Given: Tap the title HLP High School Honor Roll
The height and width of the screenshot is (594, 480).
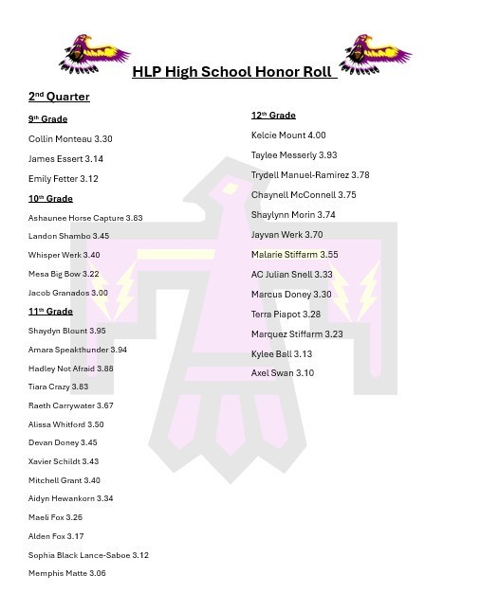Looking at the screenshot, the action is [233, 72].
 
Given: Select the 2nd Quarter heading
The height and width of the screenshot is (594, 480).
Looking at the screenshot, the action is [59, 97].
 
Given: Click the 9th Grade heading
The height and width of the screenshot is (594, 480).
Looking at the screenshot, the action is [47, 119].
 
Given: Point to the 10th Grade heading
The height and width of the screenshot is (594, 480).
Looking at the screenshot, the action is [50, 199].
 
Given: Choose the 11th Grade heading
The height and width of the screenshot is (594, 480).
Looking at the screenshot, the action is [50, 312].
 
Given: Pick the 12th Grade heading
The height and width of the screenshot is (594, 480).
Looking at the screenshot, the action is [273, 116].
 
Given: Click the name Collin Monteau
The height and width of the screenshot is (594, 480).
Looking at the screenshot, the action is [55, 139].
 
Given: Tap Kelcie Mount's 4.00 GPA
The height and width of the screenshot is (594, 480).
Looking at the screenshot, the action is [317, 135].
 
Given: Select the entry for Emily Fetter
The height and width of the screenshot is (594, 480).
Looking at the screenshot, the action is [64, 179].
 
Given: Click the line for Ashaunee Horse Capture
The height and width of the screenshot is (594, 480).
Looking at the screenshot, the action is [85, 218].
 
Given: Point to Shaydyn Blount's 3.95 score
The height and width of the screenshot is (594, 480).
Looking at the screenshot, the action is [97, 332].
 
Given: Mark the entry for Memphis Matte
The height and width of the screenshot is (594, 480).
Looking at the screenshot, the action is [67, 573].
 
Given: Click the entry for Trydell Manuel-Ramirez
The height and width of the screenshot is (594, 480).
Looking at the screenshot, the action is [310, 175].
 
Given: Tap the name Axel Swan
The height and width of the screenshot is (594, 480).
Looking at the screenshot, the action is [271, 373].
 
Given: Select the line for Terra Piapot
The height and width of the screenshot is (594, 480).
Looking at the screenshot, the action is [286, 315].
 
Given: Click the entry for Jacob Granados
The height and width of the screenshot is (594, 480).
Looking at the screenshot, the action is [68, 294].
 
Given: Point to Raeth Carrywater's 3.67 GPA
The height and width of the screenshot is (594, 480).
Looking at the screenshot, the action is [104, 405].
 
